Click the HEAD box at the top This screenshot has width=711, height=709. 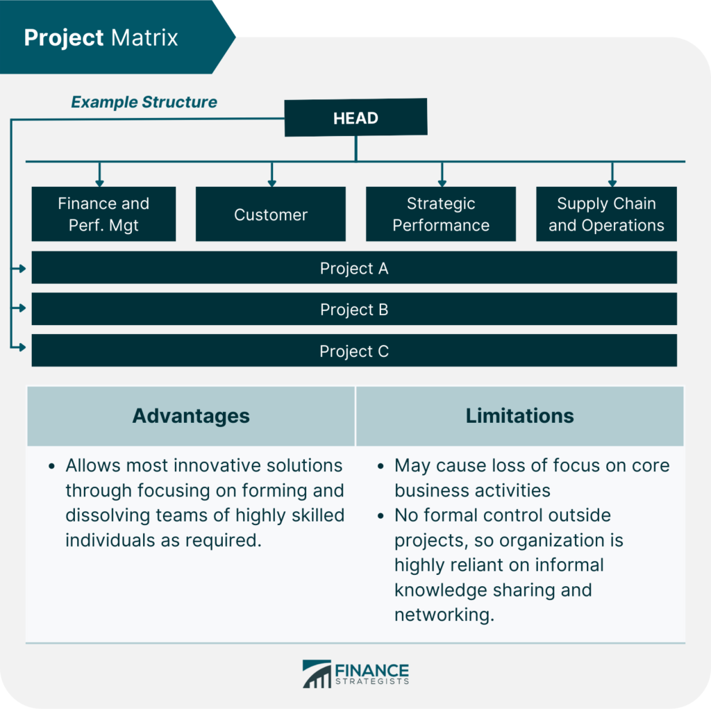[x=355, y=117]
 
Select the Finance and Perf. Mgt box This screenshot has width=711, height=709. [x=103, y=214]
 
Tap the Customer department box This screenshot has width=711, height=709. [x=271, y=215]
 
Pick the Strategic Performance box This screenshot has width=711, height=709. [x=441, y=214]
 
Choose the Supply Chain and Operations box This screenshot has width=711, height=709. [x=606, y=214]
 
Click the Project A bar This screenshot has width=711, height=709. [x=354, y=268]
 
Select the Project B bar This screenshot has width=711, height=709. [x=354, y=309]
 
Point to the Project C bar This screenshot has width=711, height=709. [x=354, y=351]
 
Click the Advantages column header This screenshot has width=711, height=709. [x=191, y=416]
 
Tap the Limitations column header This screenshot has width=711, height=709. [x=519, y=416]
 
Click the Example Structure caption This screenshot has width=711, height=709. [x=144, y=102]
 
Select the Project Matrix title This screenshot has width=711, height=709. [x=101, y=37]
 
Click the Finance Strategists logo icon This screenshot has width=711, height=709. [x=317, y=674]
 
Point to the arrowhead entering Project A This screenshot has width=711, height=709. [x=22, y=268]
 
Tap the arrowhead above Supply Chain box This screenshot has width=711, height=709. [x=612, y=182]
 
